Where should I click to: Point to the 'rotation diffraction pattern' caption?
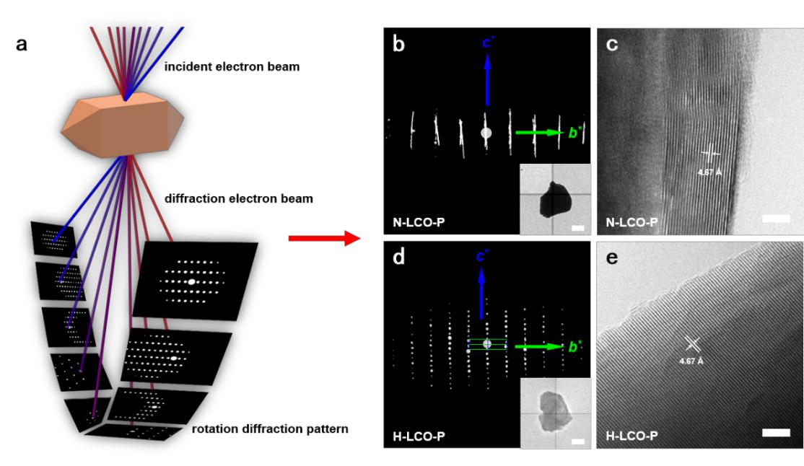271,428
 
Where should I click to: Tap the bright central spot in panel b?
486,133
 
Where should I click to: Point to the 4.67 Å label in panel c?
709,172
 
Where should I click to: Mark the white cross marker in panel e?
691,344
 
